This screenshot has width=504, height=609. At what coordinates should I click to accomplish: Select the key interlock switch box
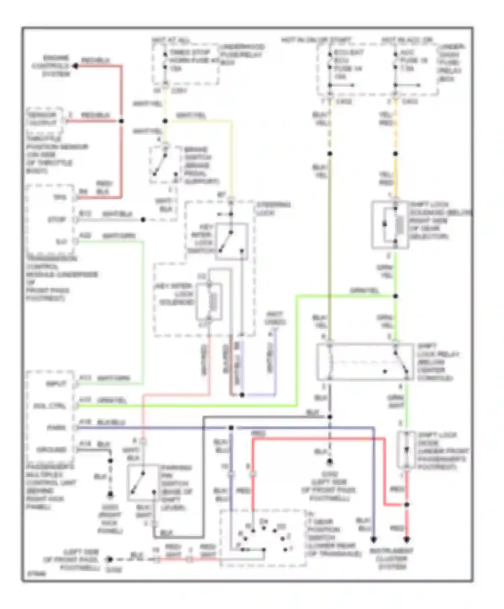[232, 241]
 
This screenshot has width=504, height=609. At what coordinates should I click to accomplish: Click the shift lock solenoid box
[390, 225]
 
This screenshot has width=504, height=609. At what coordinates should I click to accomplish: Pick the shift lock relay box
[365, 362]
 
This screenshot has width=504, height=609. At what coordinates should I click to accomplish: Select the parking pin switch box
[143, 482]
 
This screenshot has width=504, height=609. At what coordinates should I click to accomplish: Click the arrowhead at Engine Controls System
[75, 66]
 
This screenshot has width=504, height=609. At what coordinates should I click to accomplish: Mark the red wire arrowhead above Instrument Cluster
[407, 540]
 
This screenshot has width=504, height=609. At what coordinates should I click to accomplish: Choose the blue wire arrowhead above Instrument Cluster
[373, 540]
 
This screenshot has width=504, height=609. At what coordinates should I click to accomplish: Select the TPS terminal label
[60, 197]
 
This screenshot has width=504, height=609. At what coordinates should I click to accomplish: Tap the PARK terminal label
[56, 428]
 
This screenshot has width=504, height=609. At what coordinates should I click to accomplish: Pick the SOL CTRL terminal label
[49, 406]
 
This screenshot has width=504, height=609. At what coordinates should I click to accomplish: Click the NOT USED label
[275, 318]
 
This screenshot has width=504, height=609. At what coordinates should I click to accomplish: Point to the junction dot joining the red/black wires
[121, 121]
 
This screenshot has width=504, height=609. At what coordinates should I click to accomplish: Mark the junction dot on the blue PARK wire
[231, 428]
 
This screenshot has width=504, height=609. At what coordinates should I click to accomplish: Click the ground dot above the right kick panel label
[110, 494]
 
